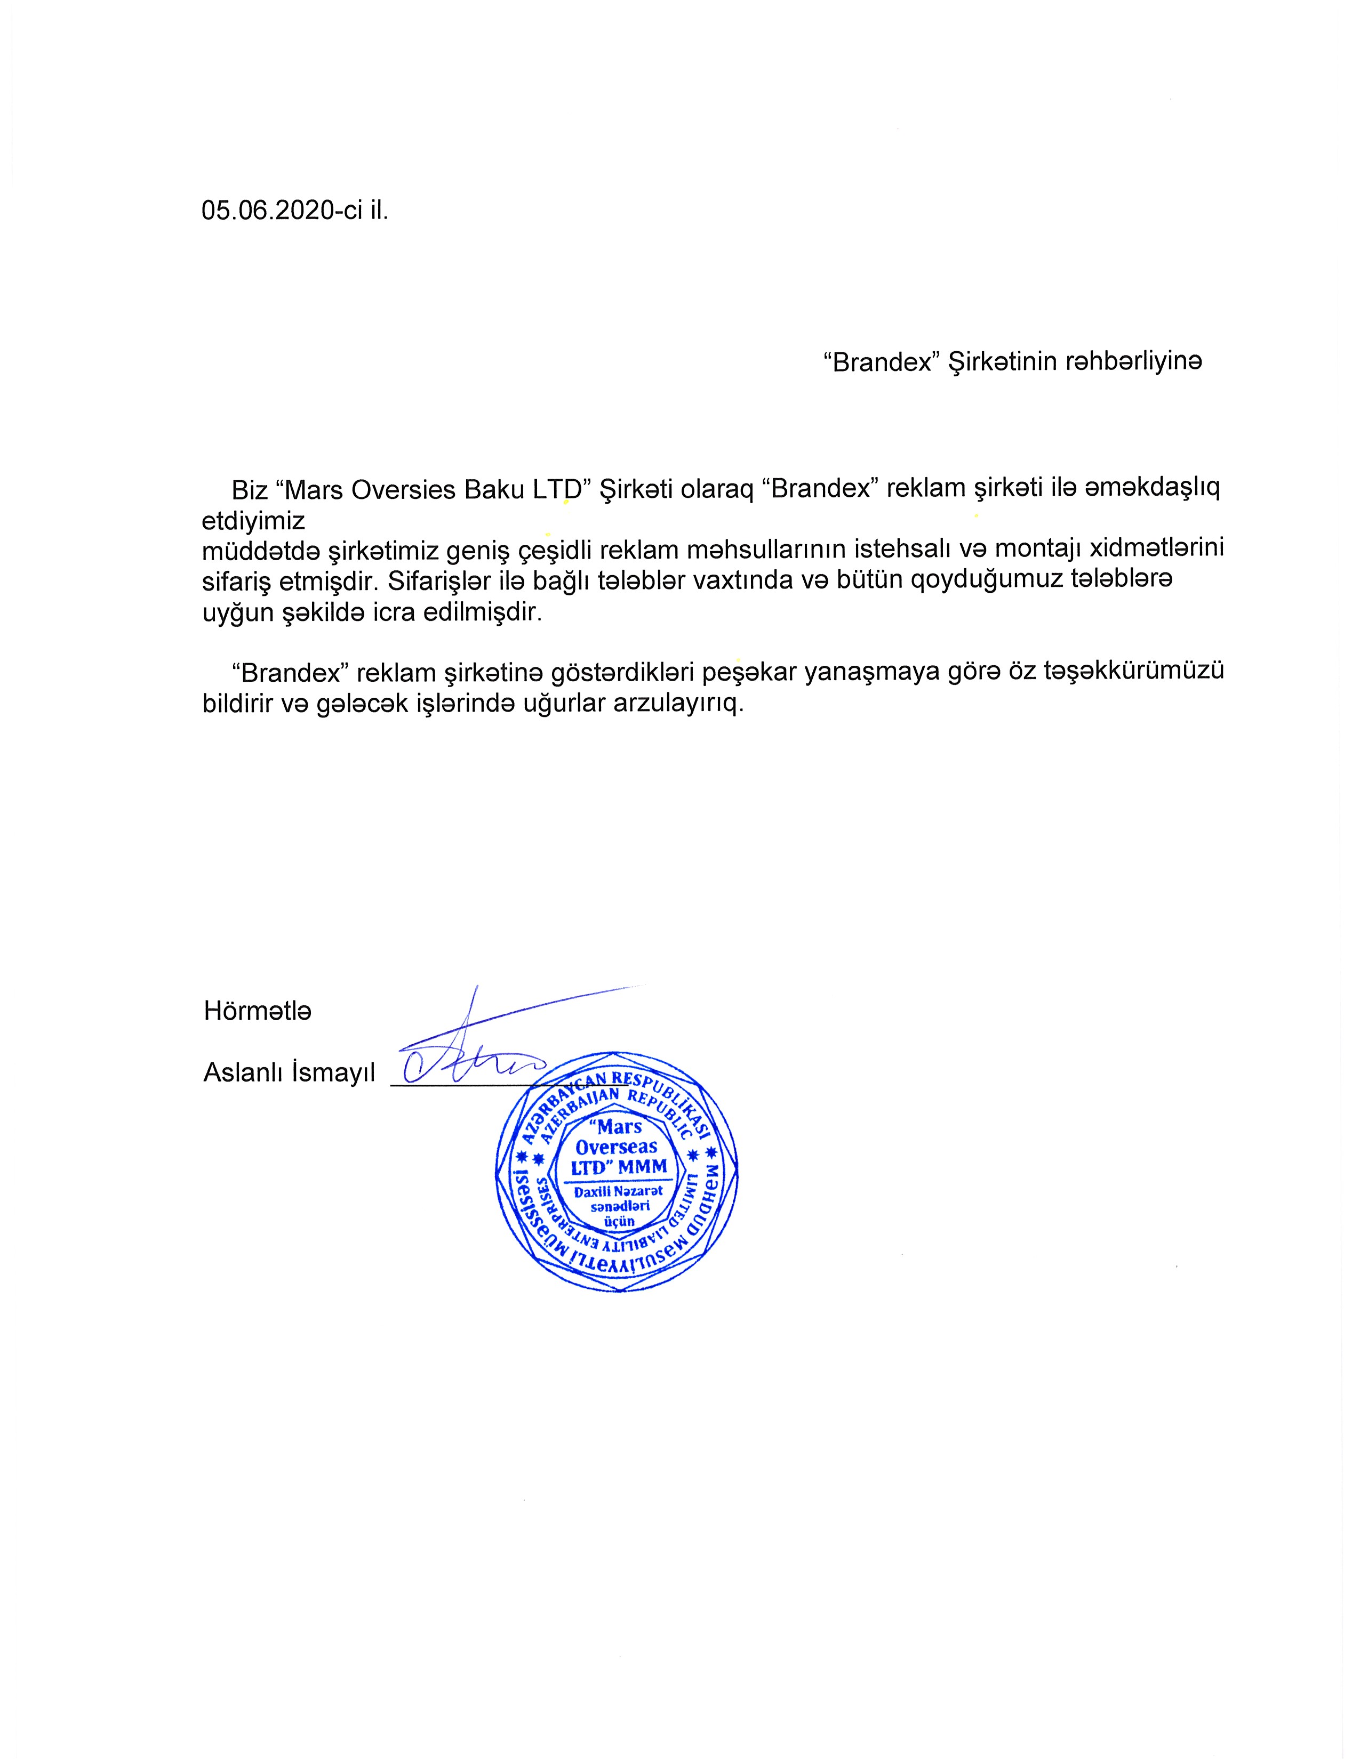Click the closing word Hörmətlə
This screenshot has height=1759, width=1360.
tap(257, 1011)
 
